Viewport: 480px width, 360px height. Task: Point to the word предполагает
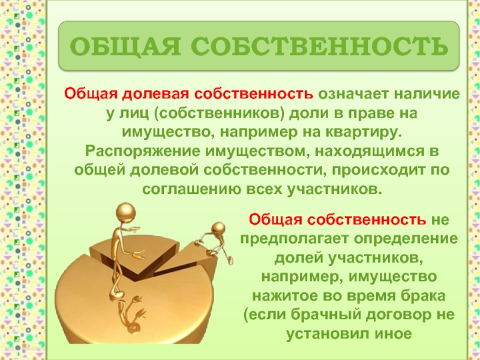295,239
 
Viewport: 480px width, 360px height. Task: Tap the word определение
406,239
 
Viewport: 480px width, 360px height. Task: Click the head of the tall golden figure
125,212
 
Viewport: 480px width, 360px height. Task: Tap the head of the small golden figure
218,229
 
